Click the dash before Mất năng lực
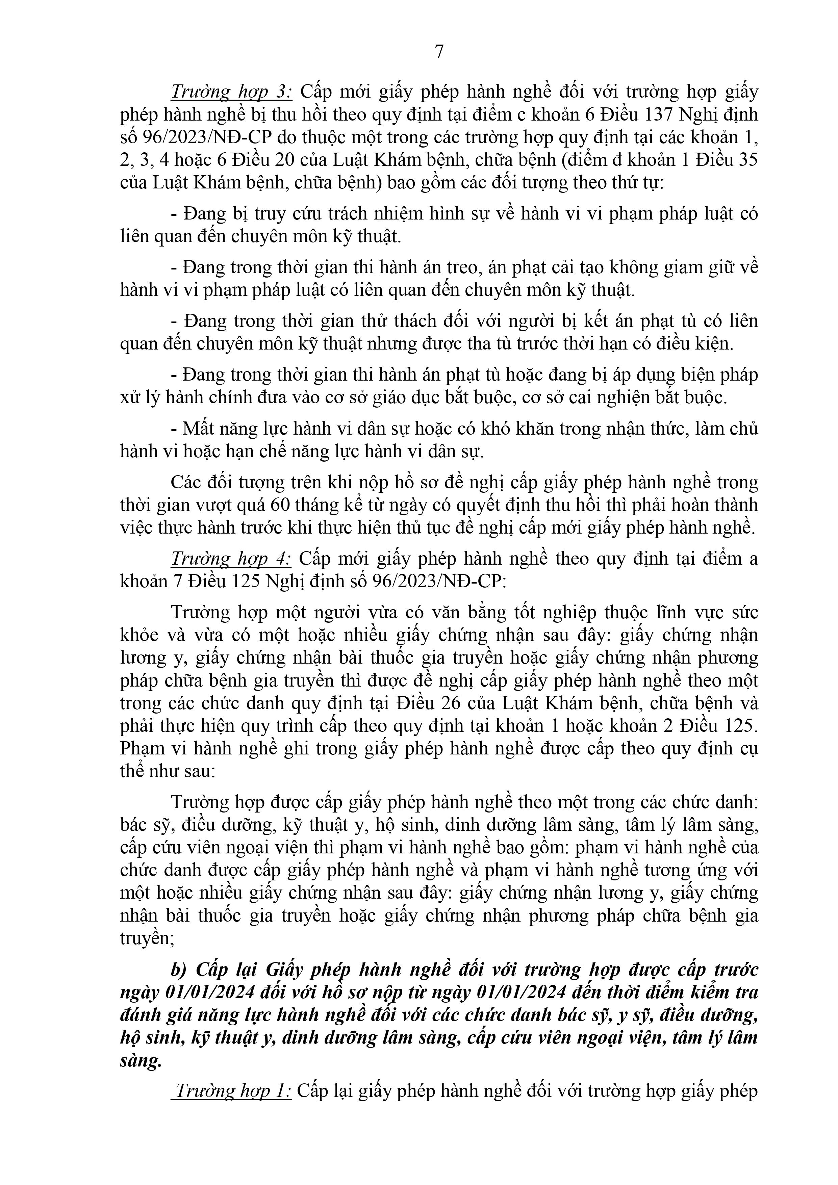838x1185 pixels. click(x=175, y=428)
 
